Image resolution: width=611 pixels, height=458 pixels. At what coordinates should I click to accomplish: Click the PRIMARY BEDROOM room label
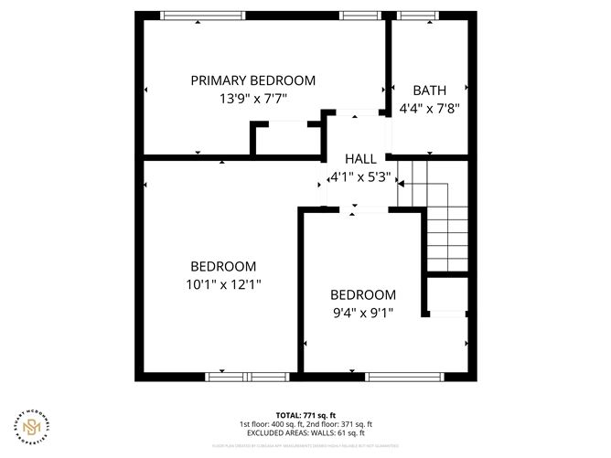click(x=252, y=80)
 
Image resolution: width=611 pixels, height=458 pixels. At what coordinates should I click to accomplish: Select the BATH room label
click(x=429, y=91)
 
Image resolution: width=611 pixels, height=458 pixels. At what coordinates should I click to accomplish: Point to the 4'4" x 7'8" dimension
click(x=429, y=108)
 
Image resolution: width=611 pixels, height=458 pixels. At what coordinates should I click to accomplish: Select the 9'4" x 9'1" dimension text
click(x=362, y=312)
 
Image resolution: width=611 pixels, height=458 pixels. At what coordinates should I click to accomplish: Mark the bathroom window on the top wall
click(x=418, y=15)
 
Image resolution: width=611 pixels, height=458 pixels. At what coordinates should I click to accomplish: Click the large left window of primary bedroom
click(x=202, y=15)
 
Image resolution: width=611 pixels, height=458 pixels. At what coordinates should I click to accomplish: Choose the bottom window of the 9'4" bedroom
click(x=405, y=376)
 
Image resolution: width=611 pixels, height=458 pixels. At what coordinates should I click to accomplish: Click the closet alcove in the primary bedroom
click(x=286, y=140)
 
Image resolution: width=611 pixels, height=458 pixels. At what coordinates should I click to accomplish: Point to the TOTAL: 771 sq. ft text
click(x=305, y=415)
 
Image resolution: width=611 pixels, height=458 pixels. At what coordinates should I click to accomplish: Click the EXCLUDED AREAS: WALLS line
click(x=305, y=433)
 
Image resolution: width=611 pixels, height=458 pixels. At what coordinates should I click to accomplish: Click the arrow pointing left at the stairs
click(x=401, y=183)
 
